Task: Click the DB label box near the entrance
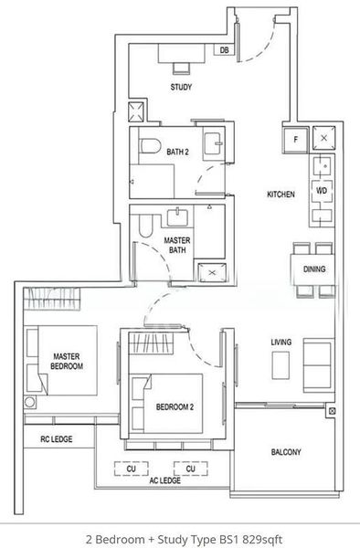pos(224,51)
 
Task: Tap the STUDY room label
pos(181,88)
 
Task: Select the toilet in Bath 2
pos(150,145)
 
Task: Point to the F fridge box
pos(296,139)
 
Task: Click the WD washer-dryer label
pos(321,191)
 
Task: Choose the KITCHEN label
pos(281,195)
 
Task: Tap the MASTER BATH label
pos(176,245)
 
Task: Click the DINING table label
pos(314,269)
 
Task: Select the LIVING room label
pos(281,342)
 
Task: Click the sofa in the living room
pos(319,364)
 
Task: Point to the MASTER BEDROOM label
pos(68,361)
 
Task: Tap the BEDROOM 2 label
pos(173,407)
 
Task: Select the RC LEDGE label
pos(56,439)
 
